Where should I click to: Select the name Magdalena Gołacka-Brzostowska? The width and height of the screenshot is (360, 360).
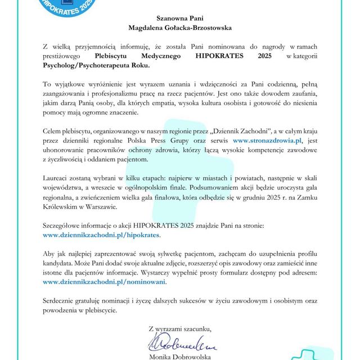point(180,27)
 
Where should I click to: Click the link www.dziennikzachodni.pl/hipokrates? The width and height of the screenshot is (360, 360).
point(102,233)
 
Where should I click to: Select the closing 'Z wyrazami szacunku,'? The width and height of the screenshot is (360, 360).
point(181,328)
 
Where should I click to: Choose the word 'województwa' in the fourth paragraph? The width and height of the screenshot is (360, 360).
point(65,188)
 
